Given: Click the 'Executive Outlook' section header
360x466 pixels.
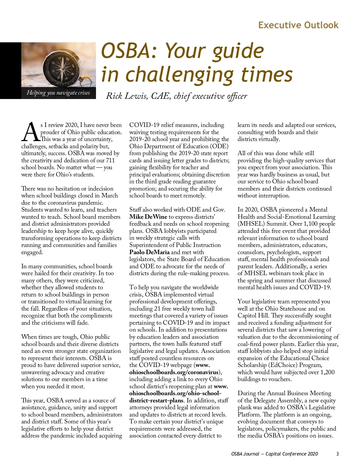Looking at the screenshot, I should coord(298,25).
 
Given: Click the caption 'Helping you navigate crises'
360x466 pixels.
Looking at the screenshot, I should coord(58,93).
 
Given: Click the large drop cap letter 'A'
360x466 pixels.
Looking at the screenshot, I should coord(30,132).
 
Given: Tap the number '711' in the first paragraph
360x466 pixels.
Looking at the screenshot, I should coord(110,160).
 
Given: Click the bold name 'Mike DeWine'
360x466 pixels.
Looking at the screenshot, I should coord(148,217).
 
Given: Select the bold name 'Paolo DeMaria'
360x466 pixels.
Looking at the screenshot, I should coord(149,252).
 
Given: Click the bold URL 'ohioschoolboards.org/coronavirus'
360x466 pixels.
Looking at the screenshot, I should coord(174,372).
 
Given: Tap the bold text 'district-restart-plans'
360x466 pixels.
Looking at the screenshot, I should coord(156,400).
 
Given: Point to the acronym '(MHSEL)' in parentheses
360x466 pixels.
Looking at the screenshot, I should coord(250,224).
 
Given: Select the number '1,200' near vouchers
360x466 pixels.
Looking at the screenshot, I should coord(327,372).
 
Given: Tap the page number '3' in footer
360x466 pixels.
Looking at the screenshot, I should coord(337,454).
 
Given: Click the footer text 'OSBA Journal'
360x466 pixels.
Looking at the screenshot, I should coord(245,454).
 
